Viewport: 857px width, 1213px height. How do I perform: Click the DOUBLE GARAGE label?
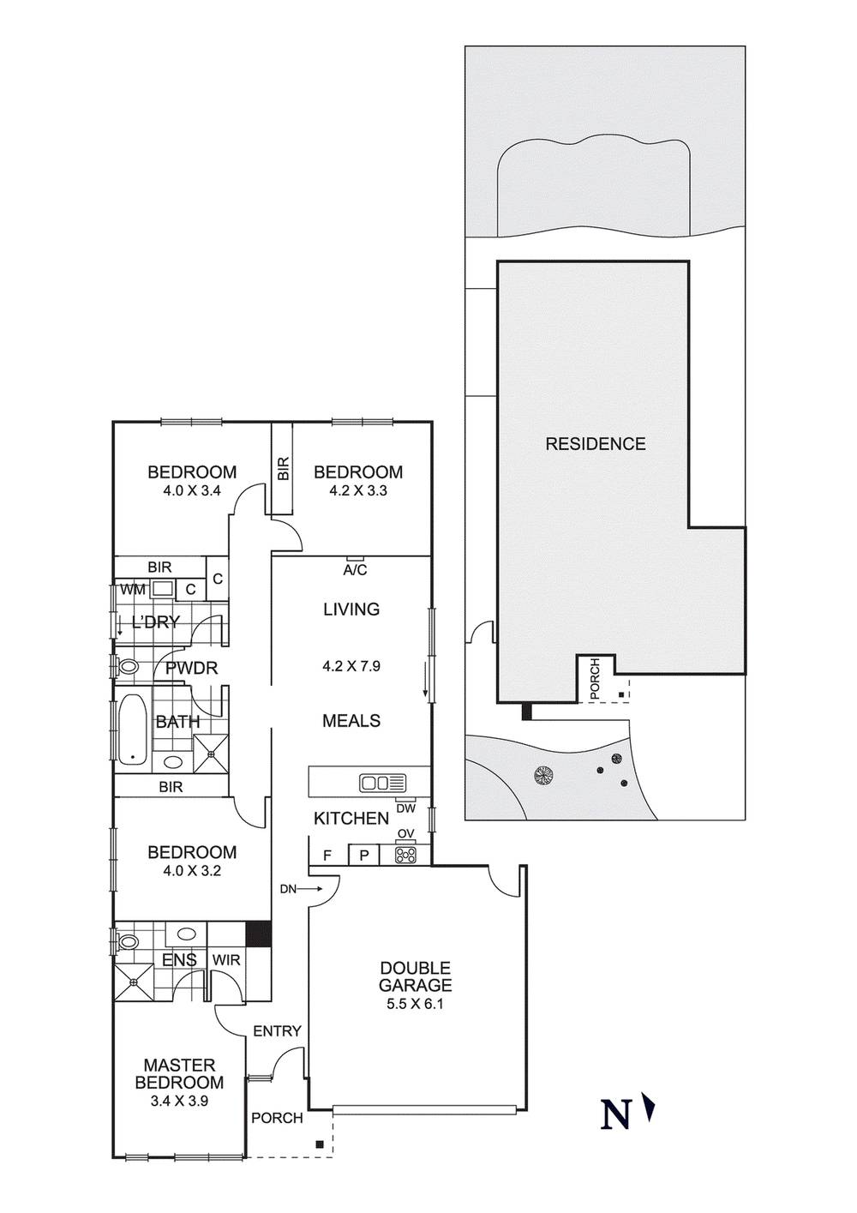click(416, 976)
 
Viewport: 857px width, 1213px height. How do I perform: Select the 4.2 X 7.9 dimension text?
click(351, 666)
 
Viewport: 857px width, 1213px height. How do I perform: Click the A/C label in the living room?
click(355, 570)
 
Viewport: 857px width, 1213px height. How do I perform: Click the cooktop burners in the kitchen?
click(406, 855)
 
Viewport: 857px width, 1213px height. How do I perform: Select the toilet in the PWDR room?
click(126, 665)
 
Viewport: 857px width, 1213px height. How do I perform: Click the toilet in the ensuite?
click(126, 942)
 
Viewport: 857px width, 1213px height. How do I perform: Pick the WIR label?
click(225, 960)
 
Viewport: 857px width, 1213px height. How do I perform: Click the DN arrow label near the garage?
click(302, 889)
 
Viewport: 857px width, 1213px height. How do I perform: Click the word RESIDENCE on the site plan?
click(596, 444)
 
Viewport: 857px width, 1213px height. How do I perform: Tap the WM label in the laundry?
click(133, 589)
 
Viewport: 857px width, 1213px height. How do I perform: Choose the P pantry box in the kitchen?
click(364, 856)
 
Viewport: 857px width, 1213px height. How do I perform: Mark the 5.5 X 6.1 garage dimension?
click(416, 1005)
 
